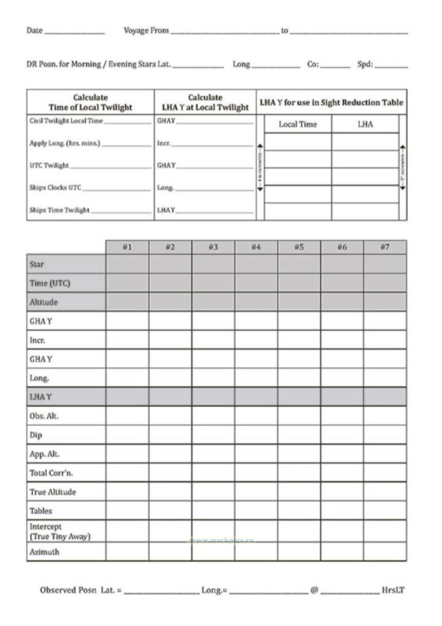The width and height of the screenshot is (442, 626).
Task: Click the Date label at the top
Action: click(34, 30)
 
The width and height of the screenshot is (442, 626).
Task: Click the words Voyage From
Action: click(146, 30)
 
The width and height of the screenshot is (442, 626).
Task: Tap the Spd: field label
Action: click(365, 64)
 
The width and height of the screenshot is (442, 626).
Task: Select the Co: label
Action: click(313, 64)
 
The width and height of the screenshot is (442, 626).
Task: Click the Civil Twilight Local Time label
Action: click(66, 121)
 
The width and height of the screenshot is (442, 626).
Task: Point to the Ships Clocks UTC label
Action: click(56, 187)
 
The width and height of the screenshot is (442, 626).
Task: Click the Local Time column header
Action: click(298, 124)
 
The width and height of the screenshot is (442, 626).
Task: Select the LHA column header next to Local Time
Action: click(365, 124)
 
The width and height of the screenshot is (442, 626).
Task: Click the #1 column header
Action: click(127, 247)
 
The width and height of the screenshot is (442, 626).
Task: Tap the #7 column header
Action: click(385, 247)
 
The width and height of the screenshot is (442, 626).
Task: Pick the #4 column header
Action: click(256, 247)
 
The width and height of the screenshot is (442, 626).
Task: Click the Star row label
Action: click(37, 264)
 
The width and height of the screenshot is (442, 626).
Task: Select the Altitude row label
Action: click(43, 302)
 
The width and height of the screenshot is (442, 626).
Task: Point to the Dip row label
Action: click(36, 435)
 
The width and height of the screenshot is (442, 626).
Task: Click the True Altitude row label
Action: click(53, 492)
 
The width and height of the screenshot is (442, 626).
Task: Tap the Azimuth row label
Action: click(44, 552)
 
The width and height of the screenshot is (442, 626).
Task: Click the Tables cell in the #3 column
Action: click(213, 510)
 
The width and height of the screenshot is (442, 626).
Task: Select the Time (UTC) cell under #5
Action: click(299, 283)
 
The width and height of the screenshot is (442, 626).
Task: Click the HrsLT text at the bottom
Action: click(393, 590)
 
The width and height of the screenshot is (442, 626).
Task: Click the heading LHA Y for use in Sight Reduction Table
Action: click(331, 103)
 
